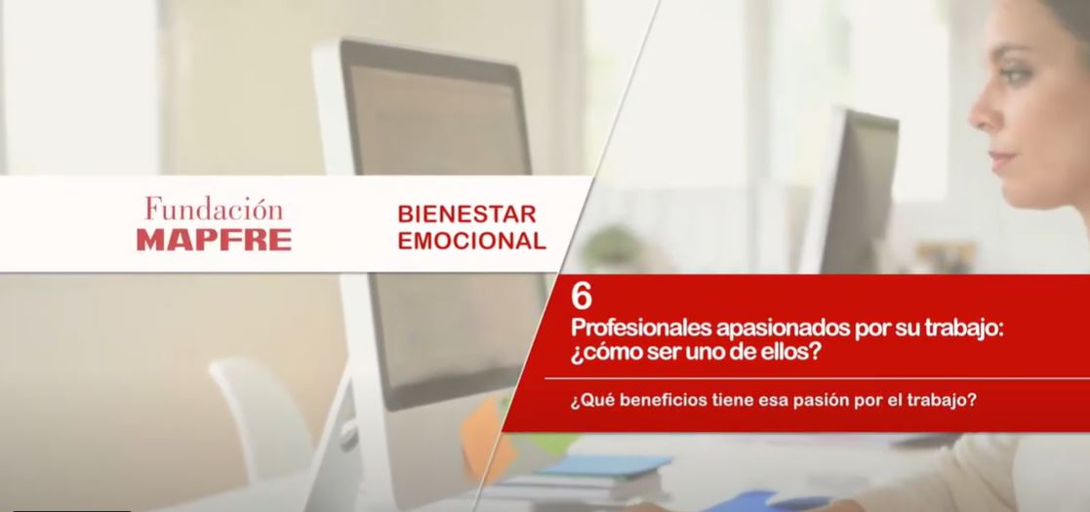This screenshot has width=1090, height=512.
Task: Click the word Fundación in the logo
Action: coord(214,209)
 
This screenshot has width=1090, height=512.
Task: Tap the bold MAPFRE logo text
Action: coord(214,240)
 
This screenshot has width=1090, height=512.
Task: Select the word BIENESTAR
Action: coord(467,214)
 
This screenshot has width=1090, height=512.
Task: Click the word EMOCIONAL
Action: coord(472,240)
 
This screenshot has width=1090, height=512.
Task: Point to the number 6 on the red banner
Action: coord(582,297)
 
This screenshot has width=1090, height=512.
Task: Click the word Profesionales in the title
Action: coord(640,328)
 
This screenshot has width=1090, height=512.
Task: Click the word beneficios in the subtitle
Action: coord(646,401)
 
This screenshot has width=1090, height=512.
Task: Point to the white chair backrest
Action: coord(261,416)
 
